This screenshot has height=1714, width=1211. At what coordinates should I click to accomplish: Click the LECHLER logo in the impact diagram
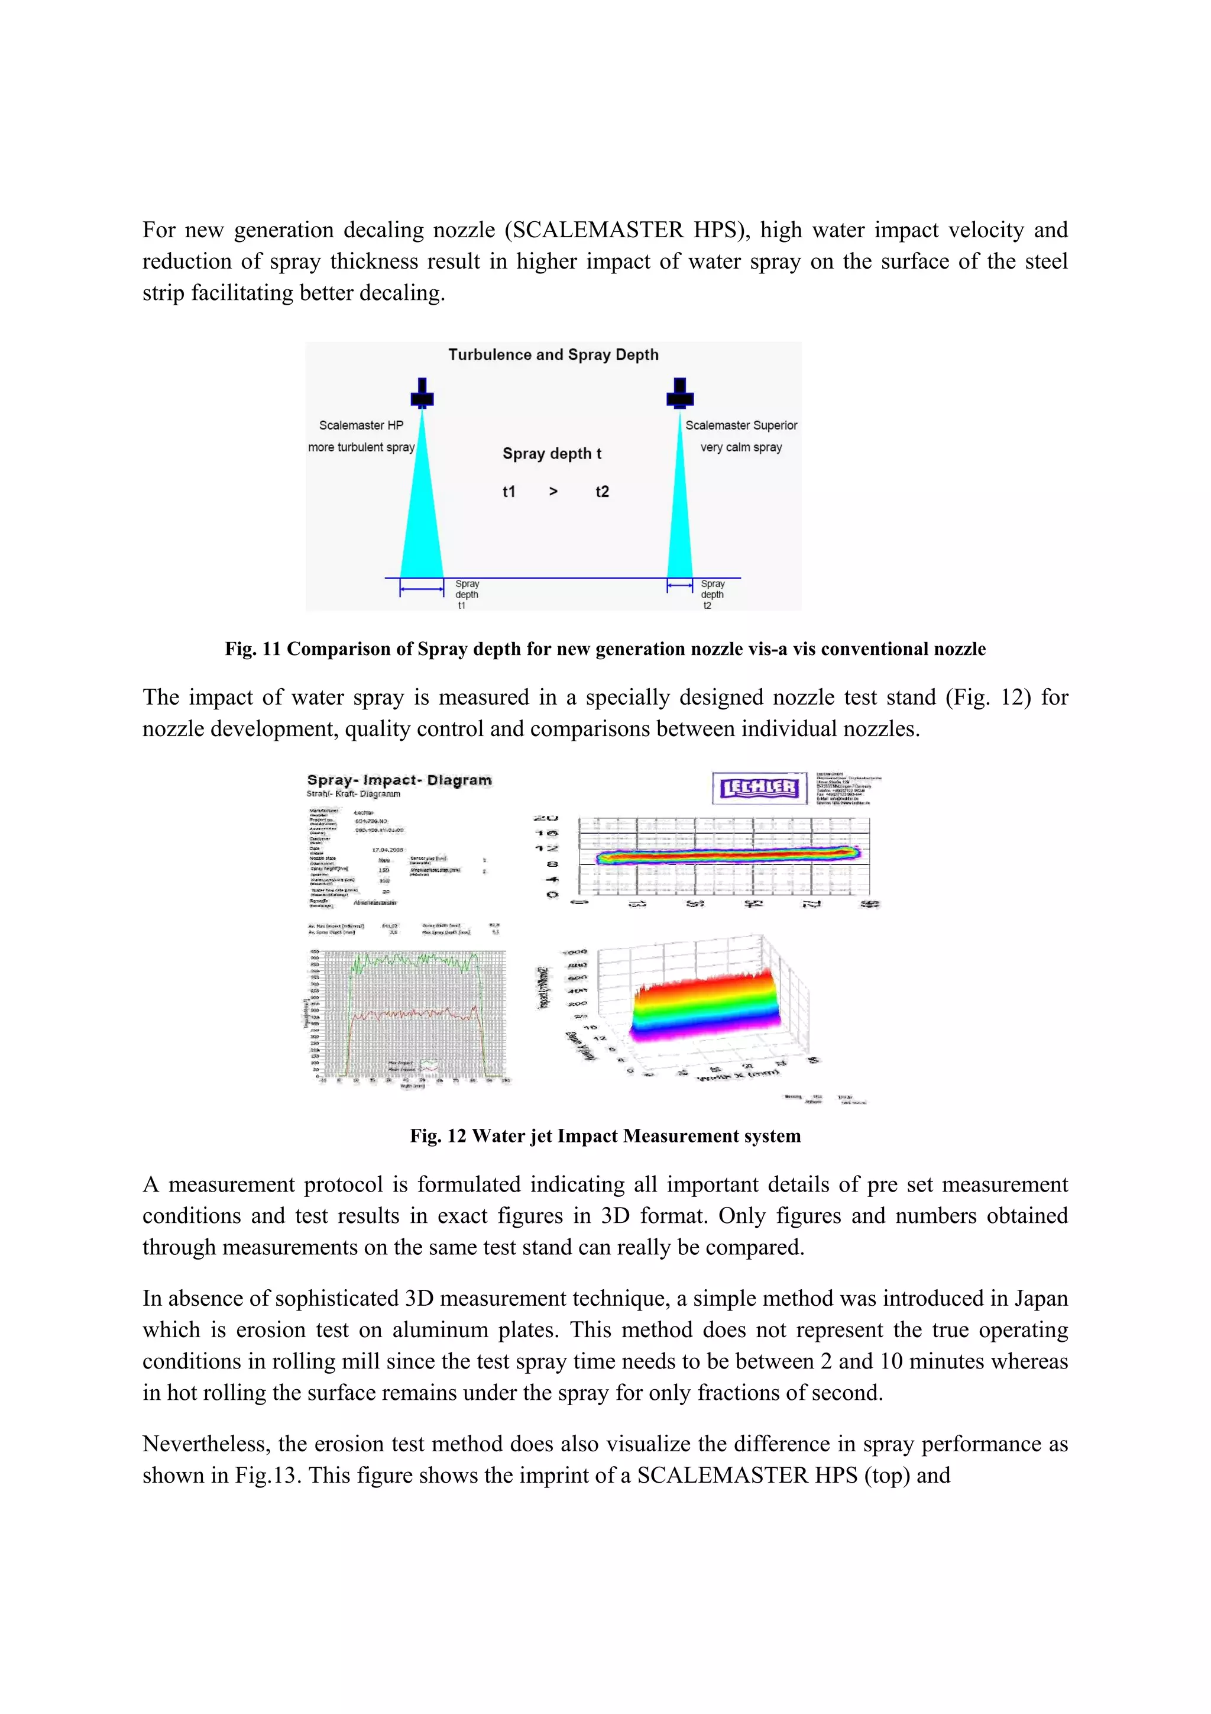click(x=759, y=787)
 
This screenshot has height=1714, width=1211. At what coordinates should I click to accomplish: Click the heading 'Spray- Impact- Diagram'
click(x=399, y=780)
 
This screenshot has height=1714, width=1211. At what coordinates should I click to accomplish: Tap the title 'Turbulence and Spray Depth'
click(x=553, y=354)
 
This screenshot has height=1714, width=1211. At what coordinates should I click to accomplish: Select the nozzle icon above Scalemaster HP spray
click(x=422, y=393)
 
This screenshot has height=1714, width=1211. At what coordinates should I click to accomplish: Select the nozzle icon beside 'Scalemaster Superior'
click(x=680, y=393)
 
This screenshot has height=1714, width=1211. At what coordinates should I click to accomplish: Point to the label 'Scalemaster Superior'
click(x=741, y=425)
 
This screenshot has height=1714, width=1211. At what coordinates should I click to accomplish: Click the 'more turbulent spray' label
click(x=361, y=447)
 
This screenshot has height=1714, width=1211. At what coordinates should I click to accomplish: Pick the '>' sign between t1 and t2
click(x=553, y=491)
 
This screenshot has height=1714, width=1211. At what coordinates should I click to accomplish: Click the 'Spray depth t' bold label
click(x=552, y=453)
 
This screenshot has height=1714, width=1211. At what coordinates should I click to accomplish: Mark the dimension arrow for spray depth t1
click(x=422, y=590)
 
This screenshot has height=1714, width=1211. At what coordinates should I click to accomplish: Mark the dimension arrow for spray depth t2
click(x=680, y=586)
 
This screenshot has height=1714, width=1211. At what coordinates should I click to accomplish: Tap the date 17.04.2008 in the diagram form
click(x=387, y=850)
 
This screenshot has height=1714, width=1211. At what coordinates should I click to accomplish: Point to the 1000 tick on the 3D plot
click(x=575, y=953)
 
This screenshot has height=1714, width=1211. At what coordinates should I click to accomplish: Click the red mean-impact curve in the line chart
click(x=410, y=1015)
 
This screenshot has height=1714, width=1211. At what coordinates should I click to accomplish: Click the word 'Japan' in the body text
click(x=1040, y=1298)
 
